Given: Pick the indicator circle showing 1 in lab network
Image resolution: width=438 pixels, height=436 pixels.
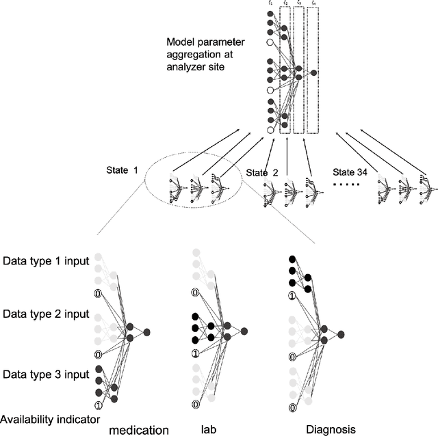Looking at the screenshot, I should click(196, 353).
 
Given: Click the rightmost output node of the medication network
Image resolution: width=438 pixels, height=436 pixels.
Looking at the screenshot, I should click(148, 331).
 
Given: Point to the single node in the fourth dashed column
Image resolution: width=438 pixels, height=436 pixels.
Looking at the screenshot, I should click(313, 72).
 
